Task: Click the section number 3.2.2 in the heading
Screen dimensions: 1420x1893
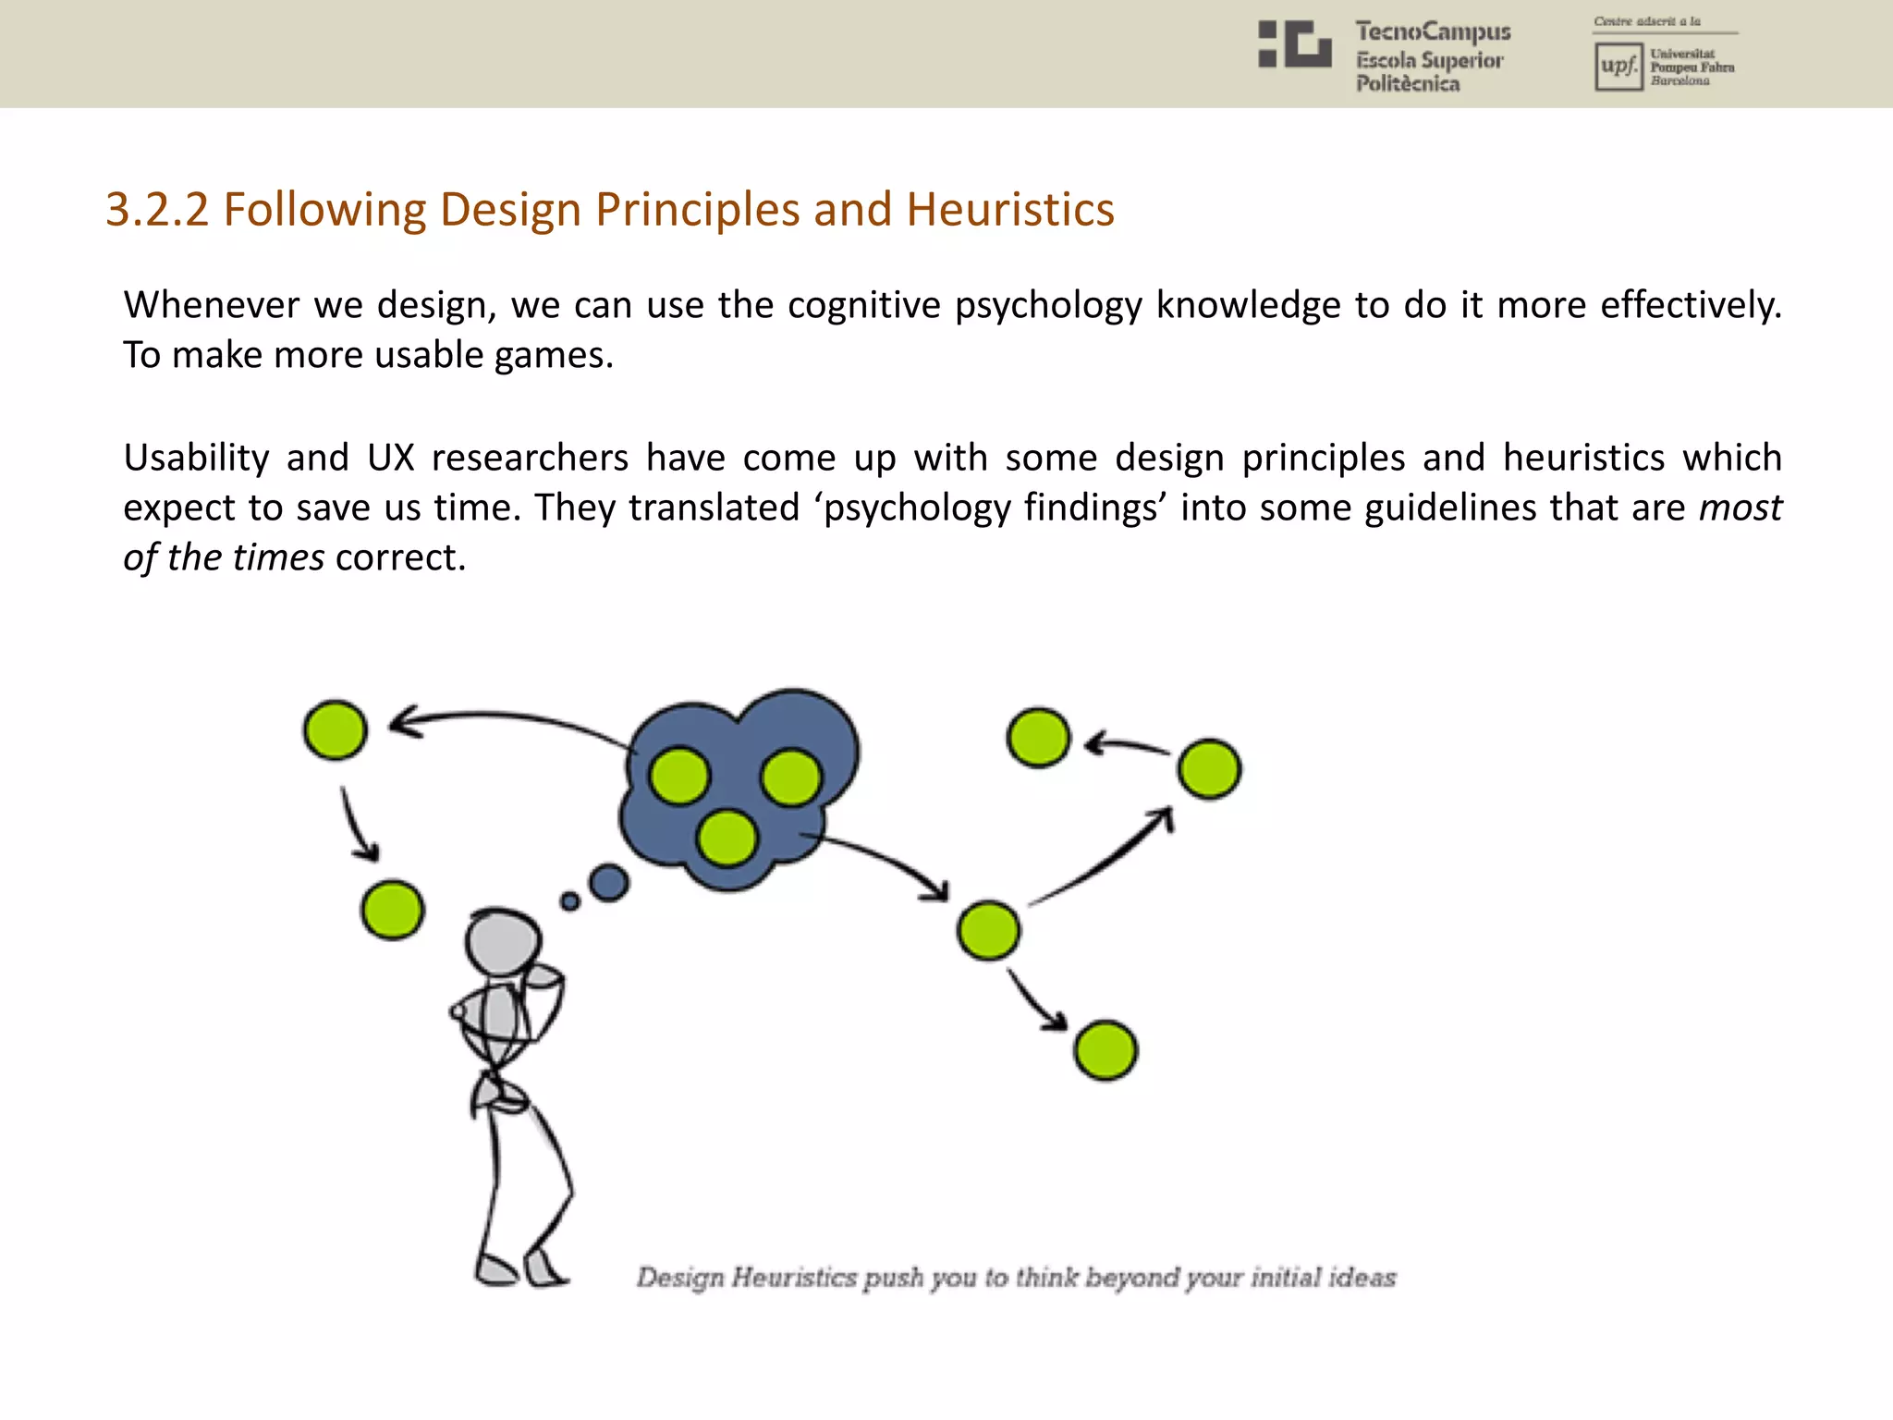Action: [x=157, y=210]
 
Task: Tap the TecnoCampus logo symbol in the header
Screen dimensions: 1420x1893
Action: [x=1294, y=44]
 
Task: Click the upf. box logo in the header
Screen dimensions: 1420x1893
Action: [x=1618, y=67]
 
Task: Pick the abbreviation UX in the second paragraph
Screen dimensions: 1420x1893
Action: [x=390, y=459]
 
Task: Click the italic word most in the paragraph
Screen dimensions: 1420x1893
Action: [x=1740, y=508]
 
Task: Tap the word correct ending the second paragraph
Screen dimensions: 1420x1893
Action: [x=399, y=558]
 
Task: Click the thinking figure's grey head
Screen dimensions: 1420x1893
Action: [x=502, y=942]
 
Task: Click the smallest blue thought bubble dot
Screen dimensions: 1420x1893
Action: [x=570, y=901]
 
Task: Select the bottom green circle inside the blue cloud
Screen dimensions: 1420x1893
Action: [x=727, y=838]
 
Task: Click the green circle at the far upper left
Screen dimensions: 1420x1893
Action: [x=335, y=729]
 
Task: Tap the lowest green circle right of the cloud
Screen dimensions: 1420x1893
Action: [x=1105, y=1050]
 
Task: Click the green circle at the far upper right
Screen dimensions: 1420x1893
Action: [x=1209, y=768]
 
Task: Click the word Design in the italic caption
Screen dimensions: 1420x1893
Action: [x=679, y=1278]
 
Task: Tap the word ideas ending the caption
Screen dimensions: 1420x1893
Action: [x=1362, y=1278]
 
